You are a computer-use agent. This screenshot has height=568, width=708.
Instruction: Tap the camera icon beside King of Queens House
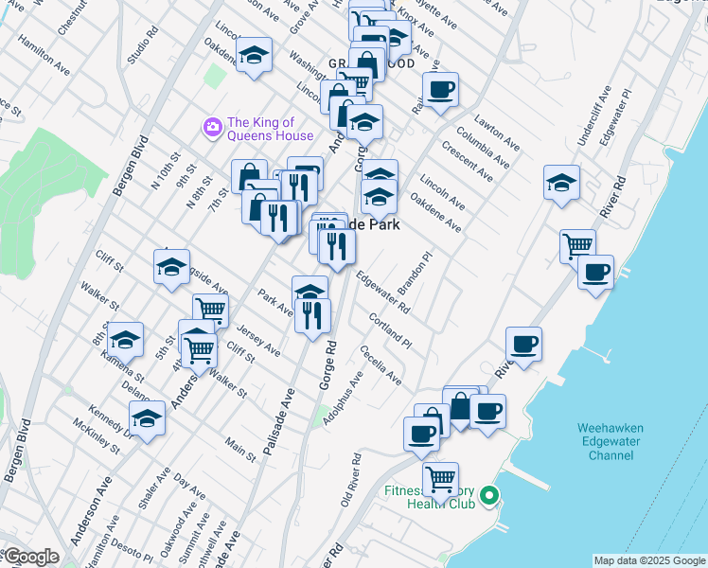coord(212,126)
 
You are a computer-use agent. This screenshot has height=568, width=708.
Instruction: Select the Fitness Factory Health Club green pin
coord(488,495)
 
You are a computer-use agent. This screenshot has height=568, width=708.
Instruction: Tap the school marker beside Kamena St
coord(125,339)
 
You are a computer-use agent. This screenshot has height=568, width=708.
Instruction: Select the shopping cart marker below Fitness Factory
coord(440,478)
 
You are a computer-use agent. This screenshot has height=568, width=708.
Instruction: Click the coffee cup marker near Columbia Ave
coord(440,90)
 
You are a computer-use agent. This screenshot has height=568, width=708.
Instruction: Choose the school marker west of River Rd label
coord(561,182)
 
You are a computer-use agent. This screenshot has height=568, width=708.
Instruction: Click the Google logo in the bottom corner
coord(30,557)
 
